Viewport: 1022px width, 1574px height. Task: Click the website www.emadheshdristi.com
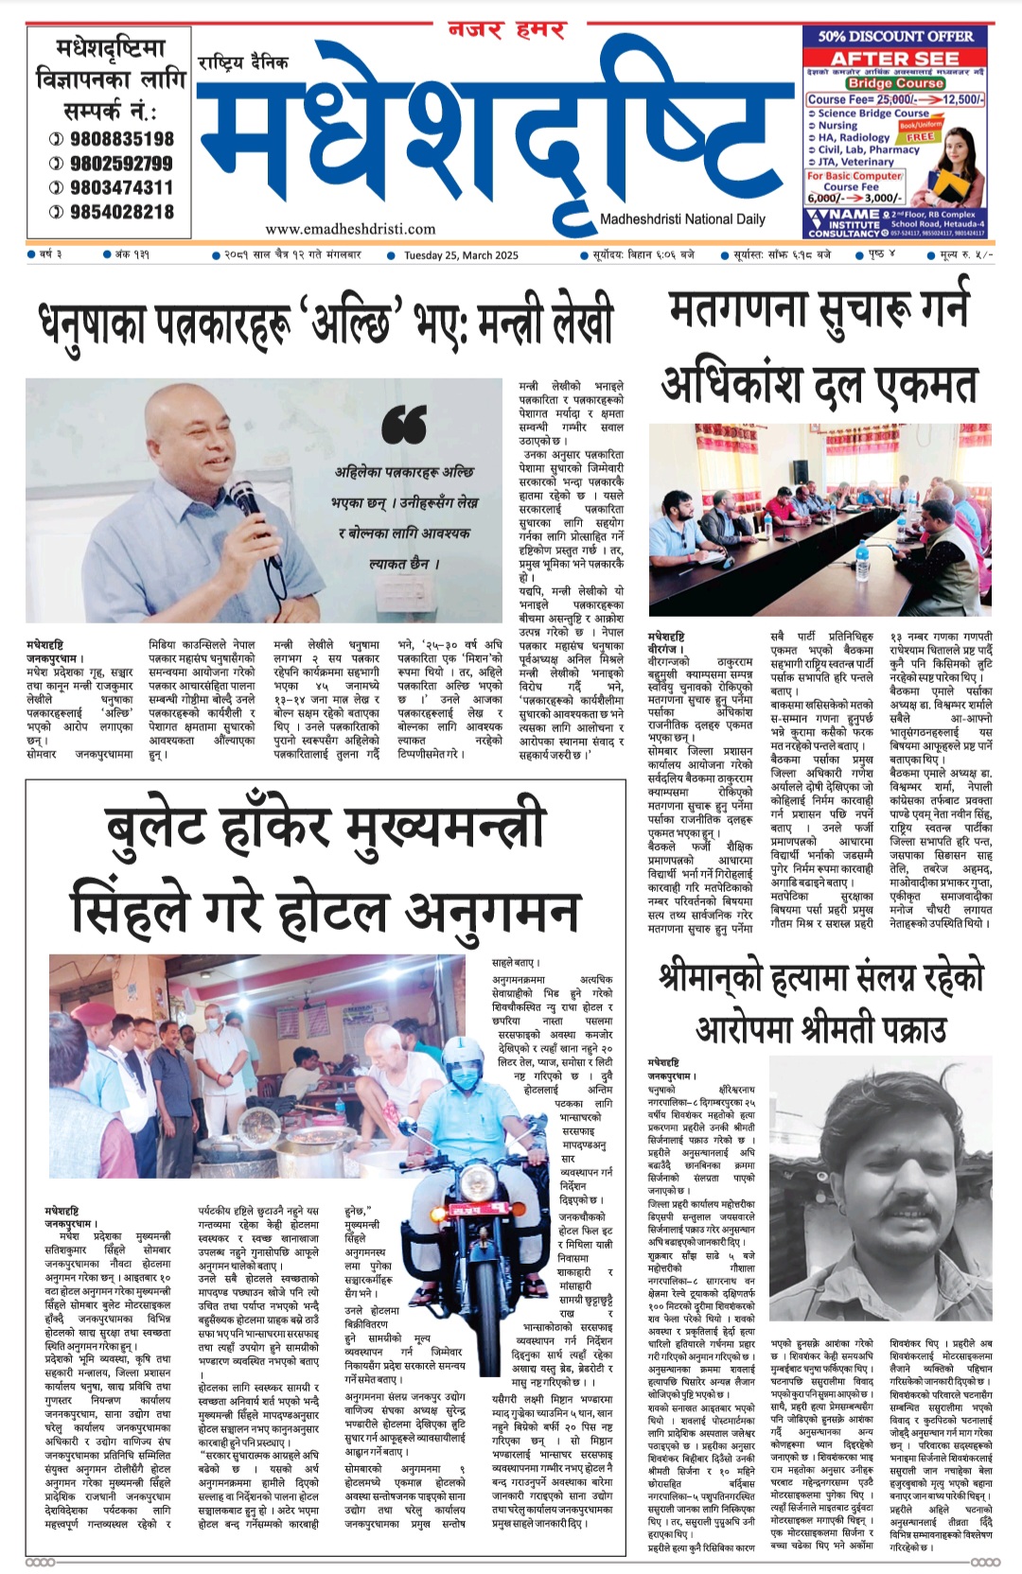point(350,229)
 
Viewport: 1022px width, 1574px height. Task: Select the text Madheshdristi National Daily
point(682,219)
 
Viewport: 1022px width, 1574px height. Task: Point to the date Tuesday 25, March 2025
point(461,255)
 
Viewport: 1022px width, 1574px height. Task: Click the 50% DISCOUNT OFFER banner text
point(895,37)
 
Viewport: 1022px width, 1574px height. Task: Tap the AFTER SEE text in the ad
point(895,59)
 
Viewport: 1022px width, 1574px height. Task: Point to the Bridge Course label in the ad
point(894,83)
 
